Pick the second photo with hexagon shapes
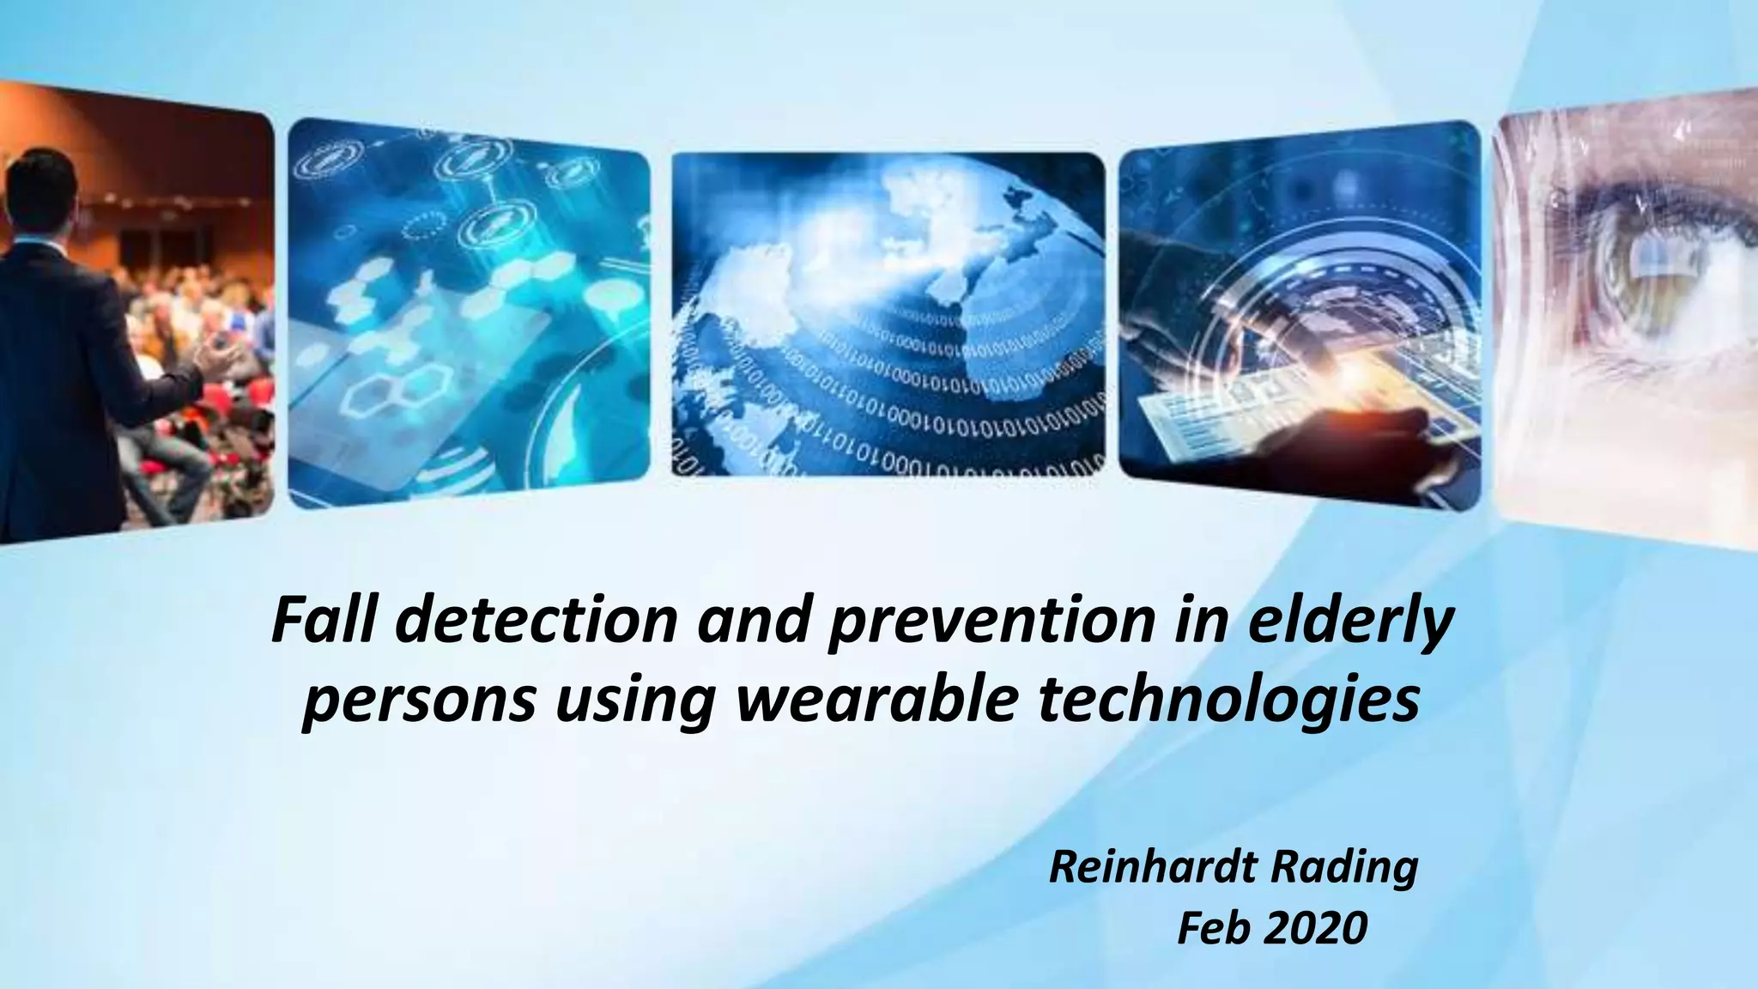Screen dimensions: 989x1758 [469, 313]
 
